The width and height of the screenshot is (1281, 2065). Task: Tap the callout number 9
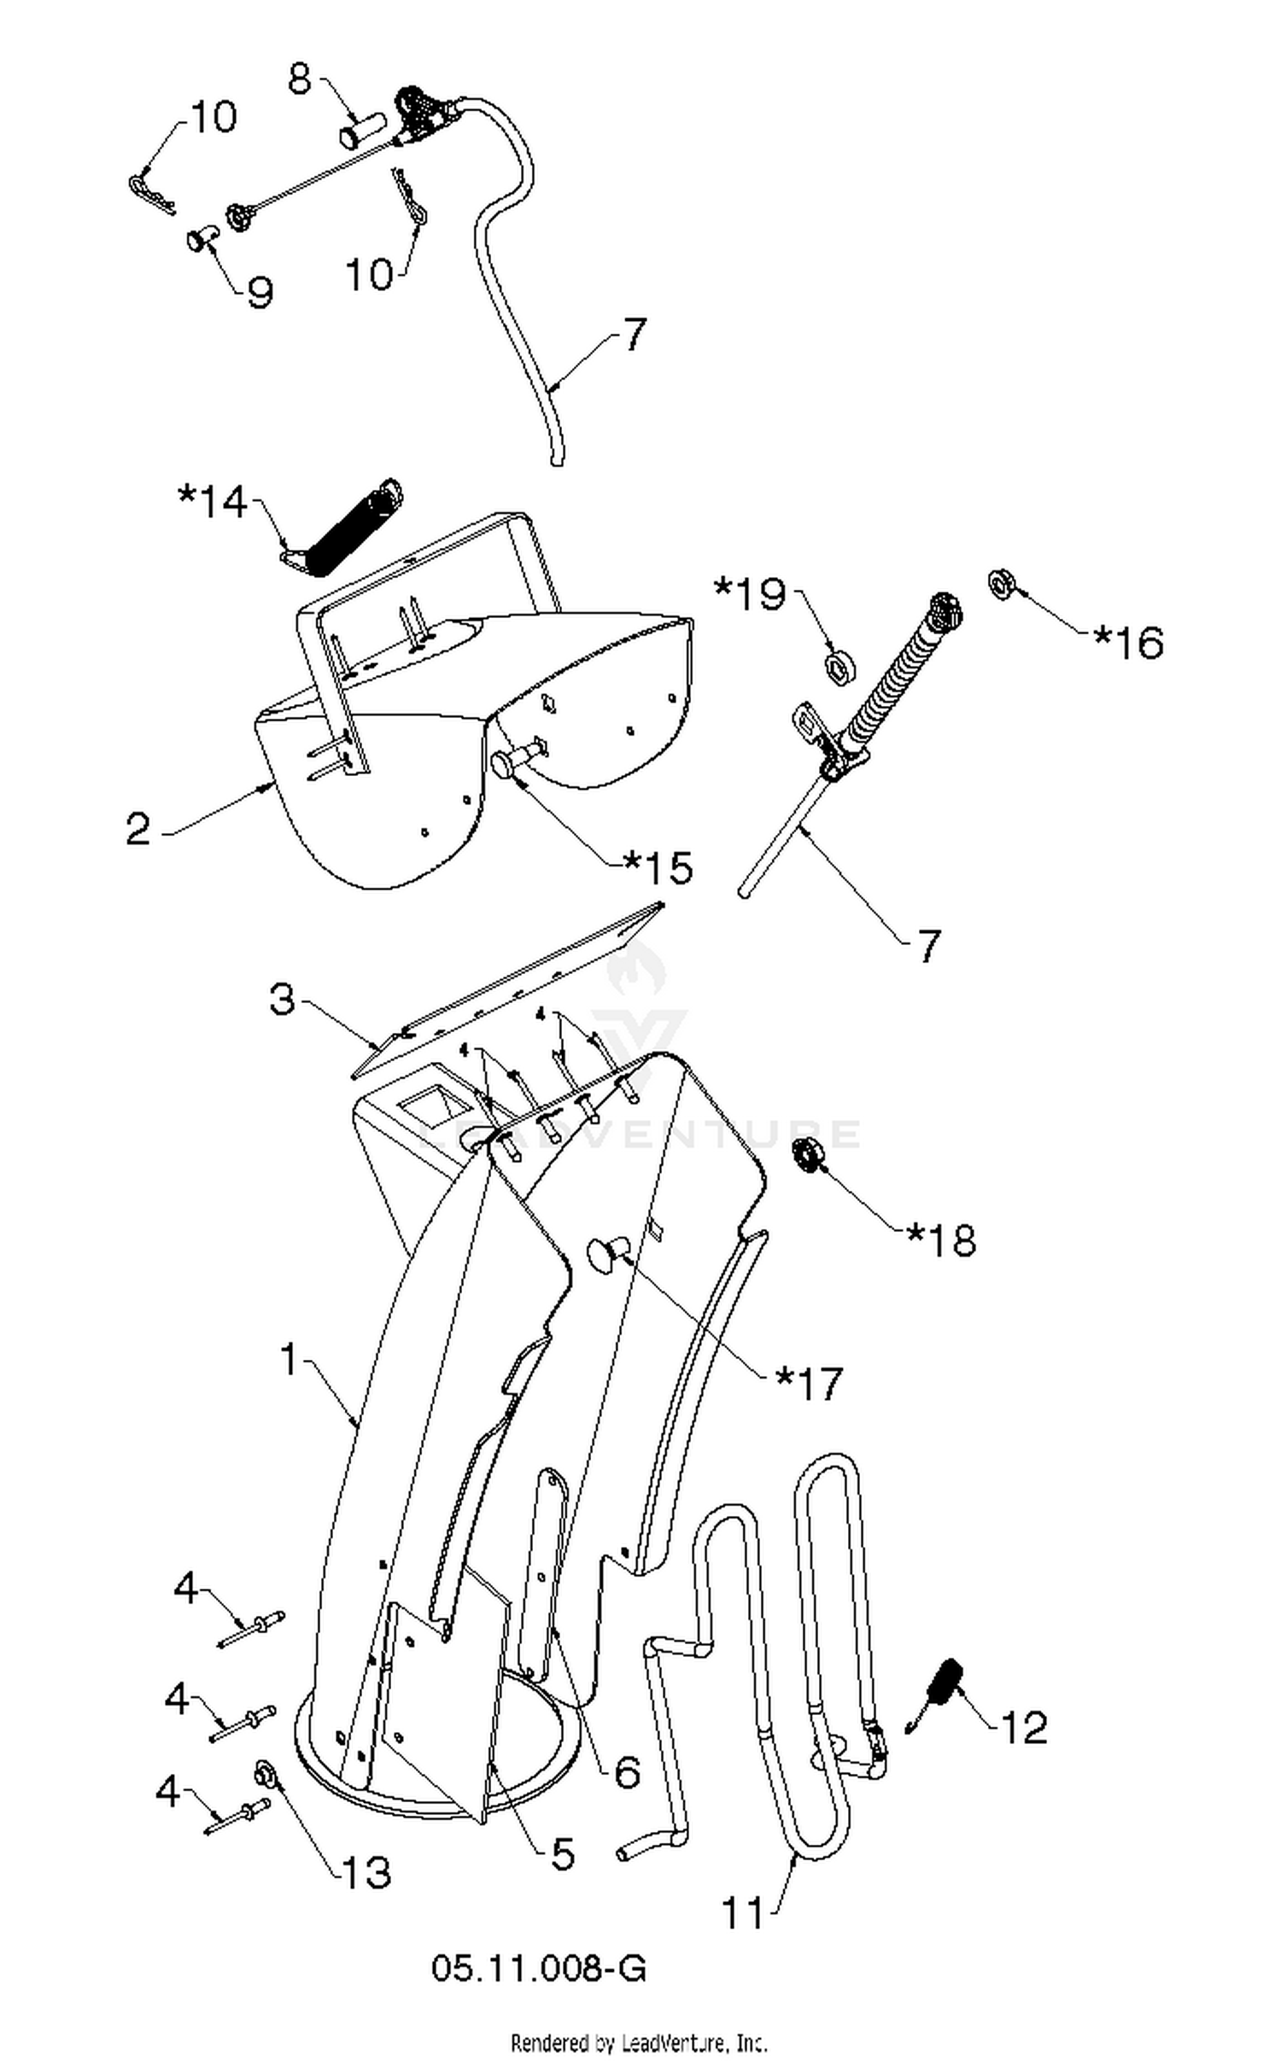click(x=260, y=292)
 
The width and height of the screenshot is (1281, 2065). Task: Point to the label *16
click(x=1128, y=643)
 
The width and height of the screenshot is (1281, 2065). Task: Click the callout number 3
click(x=283, y=999)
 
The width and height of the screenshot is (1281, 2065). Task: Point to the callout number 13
click(x=366, y=1872)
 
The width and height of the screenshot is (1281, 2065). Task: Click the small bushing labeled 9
click(x=200, y=236)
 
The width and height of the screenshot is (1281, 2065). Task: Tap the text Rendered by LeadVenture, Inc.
click(x=640, y=2042)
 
